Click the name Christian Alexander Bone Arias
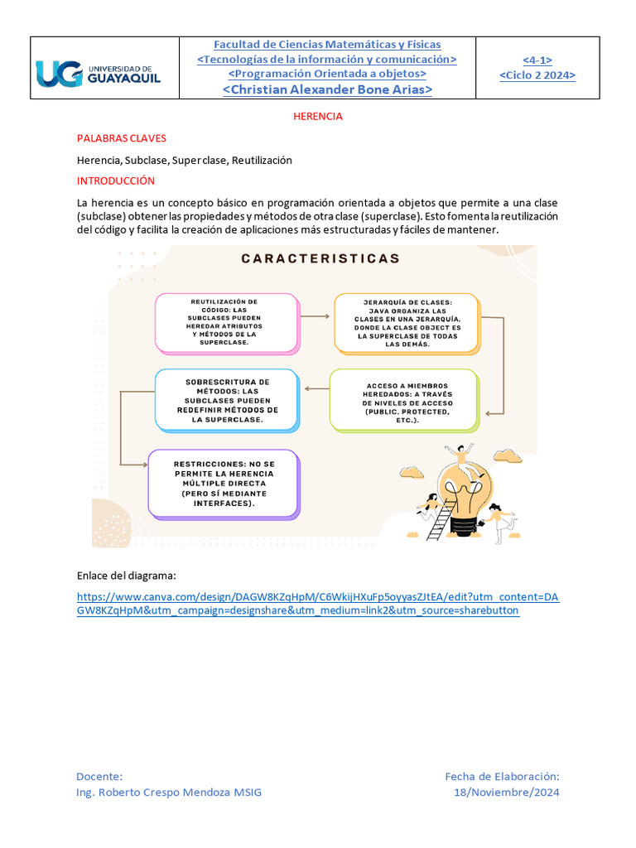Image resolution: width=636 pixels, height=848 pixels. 327,89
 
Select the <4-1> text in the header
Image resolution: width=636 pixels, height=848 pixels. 537,60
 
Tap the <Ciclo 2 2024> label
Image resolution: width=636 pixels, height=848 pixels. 537,75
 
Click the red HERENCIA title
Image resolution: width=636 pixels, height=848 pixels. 318,117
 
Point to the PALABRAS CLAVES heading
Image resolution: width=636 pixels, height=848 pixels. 121,138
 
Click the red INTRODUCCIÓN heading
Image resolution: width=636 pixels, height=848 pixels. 116,181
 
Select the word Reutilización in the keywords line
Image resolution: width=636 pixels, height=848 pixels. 262,160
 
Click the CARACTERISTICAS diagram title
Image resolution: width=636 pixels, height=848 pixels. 320,258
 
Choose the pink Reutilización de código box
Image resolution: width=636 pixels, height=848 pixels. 226,321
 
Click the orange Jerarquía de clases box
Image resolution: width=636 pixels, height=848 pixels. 405,321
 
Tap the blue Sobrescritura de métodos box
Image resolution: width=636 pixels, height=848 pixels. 226,400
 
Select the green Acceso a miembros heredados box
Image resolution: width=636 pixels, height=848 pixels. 403,401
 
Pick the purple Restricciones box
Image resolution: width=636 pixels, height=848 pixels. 224,484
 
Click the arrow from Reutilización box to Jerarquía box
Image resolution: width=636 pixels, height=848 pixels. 316,318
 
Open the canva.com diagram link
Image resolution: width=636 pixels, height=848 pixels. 318,604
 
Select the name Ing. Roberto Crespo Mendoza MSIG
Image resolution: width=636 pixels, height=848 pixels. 168,793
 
